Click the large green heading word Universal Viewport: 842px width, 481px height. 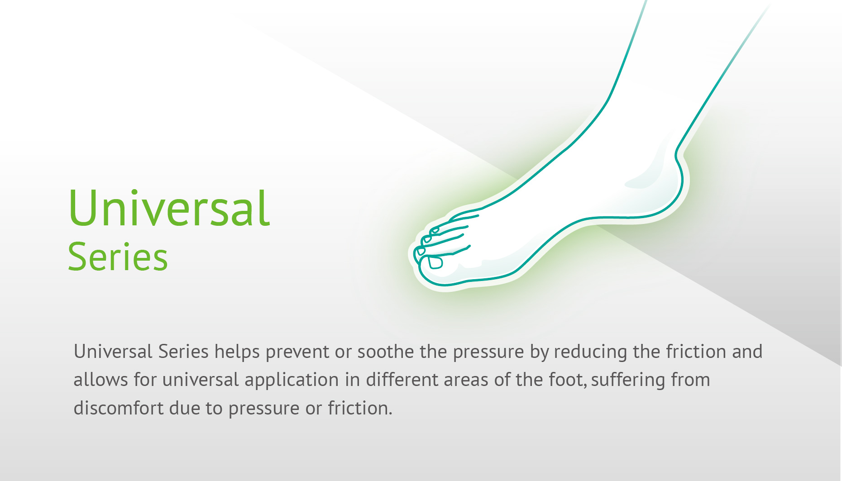coord(169,208)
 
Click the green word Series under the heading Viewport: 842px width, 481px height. coord(118,257)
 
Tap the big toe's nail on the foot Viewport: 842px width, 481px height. coord(435,262)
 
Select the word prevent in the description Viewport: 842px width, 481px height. coord(297,352)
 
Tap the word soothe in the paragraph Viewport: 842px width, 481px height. coord(385,352)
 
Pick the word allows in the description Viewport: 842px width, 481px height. coord(100,380)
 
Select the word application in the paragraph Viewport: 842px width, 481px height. coord(292,380)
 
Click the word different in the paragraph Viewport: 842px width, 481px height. coord(402,380)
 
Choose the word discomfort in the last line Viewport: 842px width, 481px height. coord(118,408)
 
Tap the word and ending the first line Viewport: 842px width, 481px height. coord(747,352)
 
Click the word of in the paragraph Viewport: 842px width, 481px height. coord(502,380)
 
